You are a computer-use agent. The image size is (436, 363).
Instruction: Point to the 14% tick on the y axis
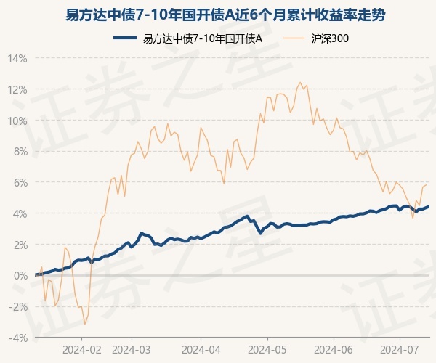(x=18, y=58)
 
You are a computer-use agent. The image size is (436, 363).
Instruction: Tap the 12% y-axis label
(x=18, y=89)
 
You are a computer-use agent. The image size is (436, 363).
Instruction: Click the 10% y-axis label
(x=18, y=121)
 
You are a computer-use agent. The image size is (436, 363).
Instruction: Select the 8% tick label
(x=20, y=151)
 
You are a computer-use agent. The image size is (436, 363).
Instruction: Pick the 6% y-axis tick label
(x=20, y=182)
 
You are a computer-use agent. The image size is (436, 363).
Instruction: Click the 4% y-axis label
(x=20, y=213)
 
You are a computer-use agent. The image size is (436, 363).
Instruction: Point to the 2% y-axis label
(x=20, y=245)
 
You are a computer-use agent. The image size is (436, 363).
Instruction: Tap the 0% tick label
(x=20, y=276)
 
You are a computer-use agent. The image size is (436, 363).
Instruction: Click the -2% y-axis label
(x=19, y=306)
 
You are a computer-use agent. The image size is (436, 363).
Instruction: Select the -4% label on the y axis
(x=19, y=338)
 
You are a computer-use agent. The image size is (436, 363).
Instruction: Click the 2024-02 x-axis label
(x=81, y=348)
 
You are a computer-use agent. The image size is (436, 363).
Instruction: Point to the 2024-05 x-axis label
(x=267, y=348)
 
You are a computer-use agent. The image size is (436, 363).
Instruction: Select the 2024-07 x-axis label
(x=400, y=348)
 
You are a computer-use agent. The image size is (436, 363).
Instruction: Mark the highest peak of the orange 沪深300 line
(x=299, y=85)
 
